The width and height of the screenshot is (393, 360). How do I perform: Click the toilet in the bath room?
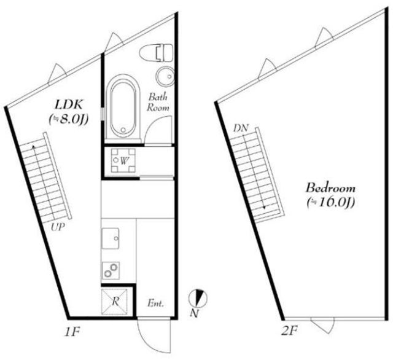pos(156,53)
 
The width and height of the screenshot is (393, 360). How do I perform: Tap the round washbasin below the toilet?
pos(165,76)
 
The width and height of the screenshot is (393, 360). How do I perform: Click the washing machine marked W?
pos(123,160)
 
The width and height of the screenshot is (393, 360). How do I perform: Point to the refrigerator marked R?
pos(114,302)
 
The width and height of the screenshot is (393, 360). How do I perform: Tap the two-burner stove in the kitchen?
pos(111,270)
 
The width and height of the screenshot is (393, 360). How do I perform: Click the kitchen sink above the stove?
pos(111,238)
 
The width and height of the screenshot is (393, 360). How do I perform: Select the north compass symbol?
pos(198,299)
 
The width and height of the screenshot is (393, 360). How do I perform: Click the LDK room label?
pos(68,104)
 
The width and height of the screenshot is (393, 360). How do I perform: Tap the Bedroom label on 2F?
pos(330,188)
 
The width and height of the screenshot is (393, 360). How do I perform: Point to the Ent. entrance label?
pos(155,303)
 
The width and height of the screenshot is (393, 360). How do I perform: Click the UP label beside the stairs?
pos(58,227)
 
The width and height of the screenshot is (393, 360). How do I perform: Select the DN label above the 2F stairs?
pos(241,128)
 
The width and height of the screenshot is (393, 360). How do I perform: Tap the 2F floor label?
pos(289,331)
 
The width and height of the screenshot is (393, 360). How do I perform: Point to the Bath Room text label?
pos(158,102)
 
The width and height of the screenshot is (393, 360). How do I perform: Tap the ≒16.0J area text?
pos(331,203)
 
